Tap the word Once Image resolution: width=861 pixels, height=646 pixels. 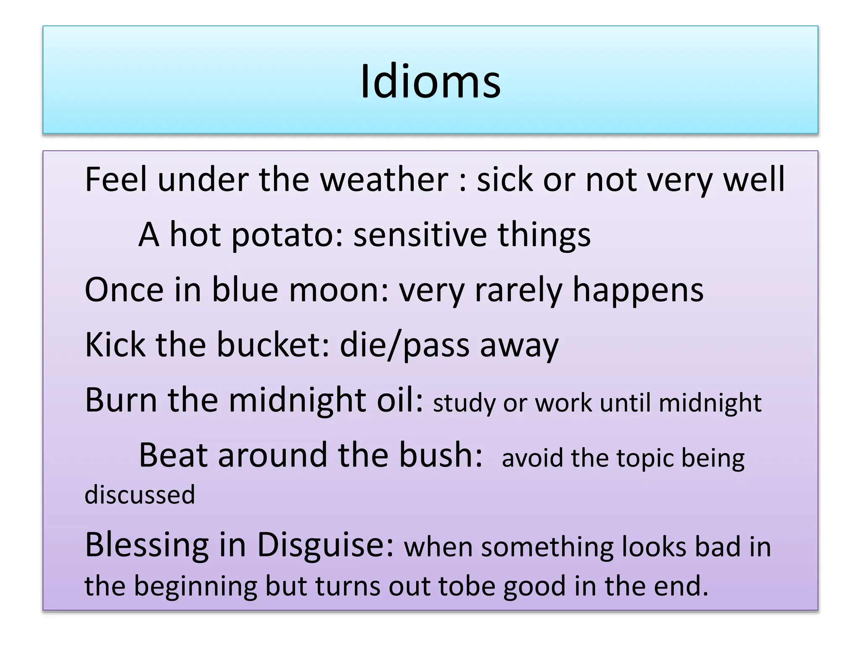click(124, 290)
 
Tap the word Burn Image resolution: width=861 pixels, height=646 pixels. click(121, 400)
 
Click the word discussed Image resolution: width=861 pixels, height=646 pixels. click(140, 495)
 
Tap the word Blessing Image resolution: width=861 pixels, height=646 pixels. click(147, 545)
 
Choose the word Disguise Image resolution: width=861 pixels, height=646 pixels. click(326, 545)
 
